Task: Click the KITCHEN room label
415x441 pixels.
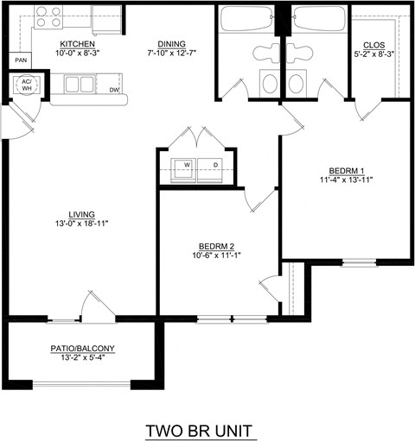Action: pos(77,43)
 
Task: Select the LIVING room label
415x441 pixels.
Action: pos(82,214)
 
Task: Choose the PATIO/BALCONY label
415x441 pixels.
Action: pos(82,349)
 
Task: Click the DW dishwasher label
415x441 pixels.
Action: pos(114,89)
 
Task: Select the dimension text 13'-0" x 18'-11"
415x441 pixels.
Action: pos(82,224)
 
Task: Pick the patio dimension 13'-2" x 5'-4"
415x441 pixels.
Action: pos(82,358)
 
